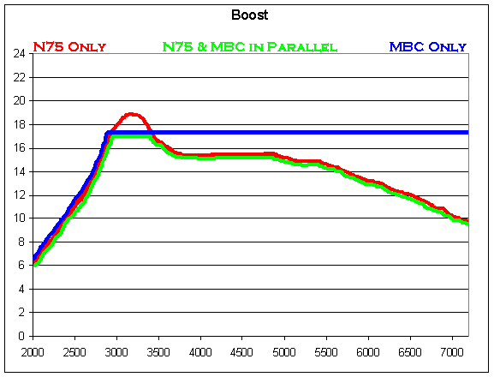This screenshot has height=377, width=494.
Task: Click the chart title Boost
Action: coord(247,15)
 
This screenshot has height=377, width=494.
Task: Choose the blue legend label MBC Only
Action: coord(426,47)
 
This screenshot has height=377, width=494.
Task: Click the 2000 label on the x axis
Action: coord(33,351)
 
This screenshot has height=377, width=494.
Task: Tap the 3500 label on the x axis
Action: coord(158,351)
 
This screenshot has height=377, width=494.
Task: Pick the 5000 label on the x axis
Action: coord(284,351)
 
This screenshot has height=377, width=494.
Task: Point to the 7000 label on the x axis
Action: coord(452,351)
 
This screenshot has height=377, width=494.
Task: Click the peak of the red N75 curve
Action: coord(130,114)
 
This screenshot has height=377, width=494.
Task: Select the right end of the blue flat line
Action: coord(467,133)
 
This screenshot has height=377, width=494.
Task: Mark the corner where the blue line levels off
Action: coord(107,133)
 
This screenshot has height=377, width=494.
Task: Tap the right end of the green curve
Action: coord(467,223)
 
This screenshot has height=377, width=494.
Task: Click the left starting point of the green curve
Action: coord(34,264)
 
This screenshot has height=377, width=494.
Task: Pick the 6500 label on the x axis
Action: coord(410,351)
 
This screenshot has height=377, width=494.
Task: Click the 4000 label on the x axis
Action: coord(200,351)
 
